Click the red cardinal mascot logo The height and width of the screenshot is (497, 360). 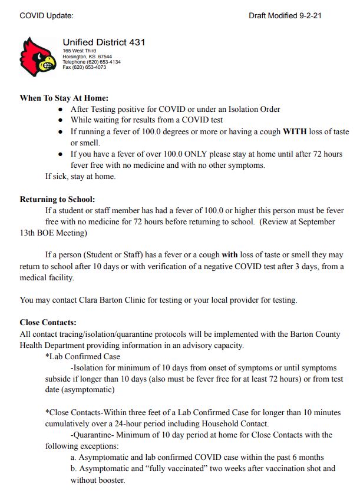coord(38,57)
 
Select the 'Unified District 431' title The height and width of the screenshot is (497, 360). coord(104,42)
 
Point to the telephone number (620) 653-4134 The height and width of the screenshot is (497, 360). coord(91,62)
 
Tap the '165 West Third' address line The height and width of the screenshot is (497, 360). coord(79,51)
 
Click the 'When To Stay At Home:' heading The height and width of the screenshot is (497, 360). coord(64,98)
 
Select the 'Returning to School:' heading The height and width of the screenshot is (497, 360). coord(57,200)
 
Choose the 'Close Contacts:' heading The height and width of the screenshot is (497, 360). coord(48,323)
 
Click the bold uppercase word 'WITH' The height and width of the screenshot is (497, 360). coord(295,132)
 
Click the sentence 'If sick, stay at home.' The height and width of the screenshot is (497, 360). coord(81,177)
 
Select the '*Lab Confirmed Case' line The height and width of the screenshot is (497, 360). coord(82,356)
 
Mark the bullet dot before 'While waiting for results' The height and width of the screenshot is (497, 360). coord(61,121)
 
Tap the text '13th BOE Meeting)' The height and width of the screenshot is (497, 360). coord(53,233)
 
